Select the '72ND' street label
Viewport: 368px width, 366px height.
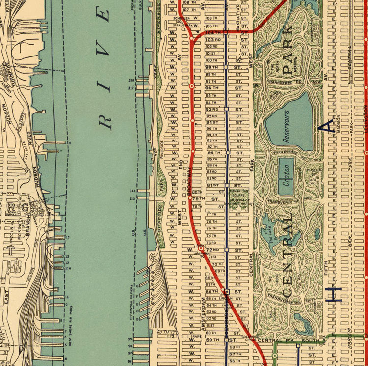click(x=211, y=249)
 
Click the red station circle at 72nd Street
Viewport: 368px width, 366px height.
click(x=201, y=249)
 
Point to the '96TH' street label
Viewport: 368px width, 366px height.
click(x=211, y=88)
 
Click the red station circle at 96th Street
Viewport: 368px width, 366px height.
click(x=192, y=86)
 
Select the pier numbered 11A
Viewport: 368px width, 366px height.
click(x=68, y=268)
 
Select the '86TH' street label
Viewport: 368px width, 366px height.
click(x=211, y=153)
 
